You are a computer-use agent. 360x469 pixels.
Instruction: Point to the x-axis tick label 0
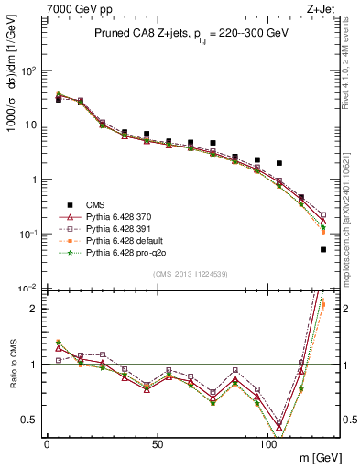(x=46, y=443)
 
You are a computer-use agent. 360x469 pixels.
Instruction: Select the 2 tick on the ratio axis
(x=33, y=309)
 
